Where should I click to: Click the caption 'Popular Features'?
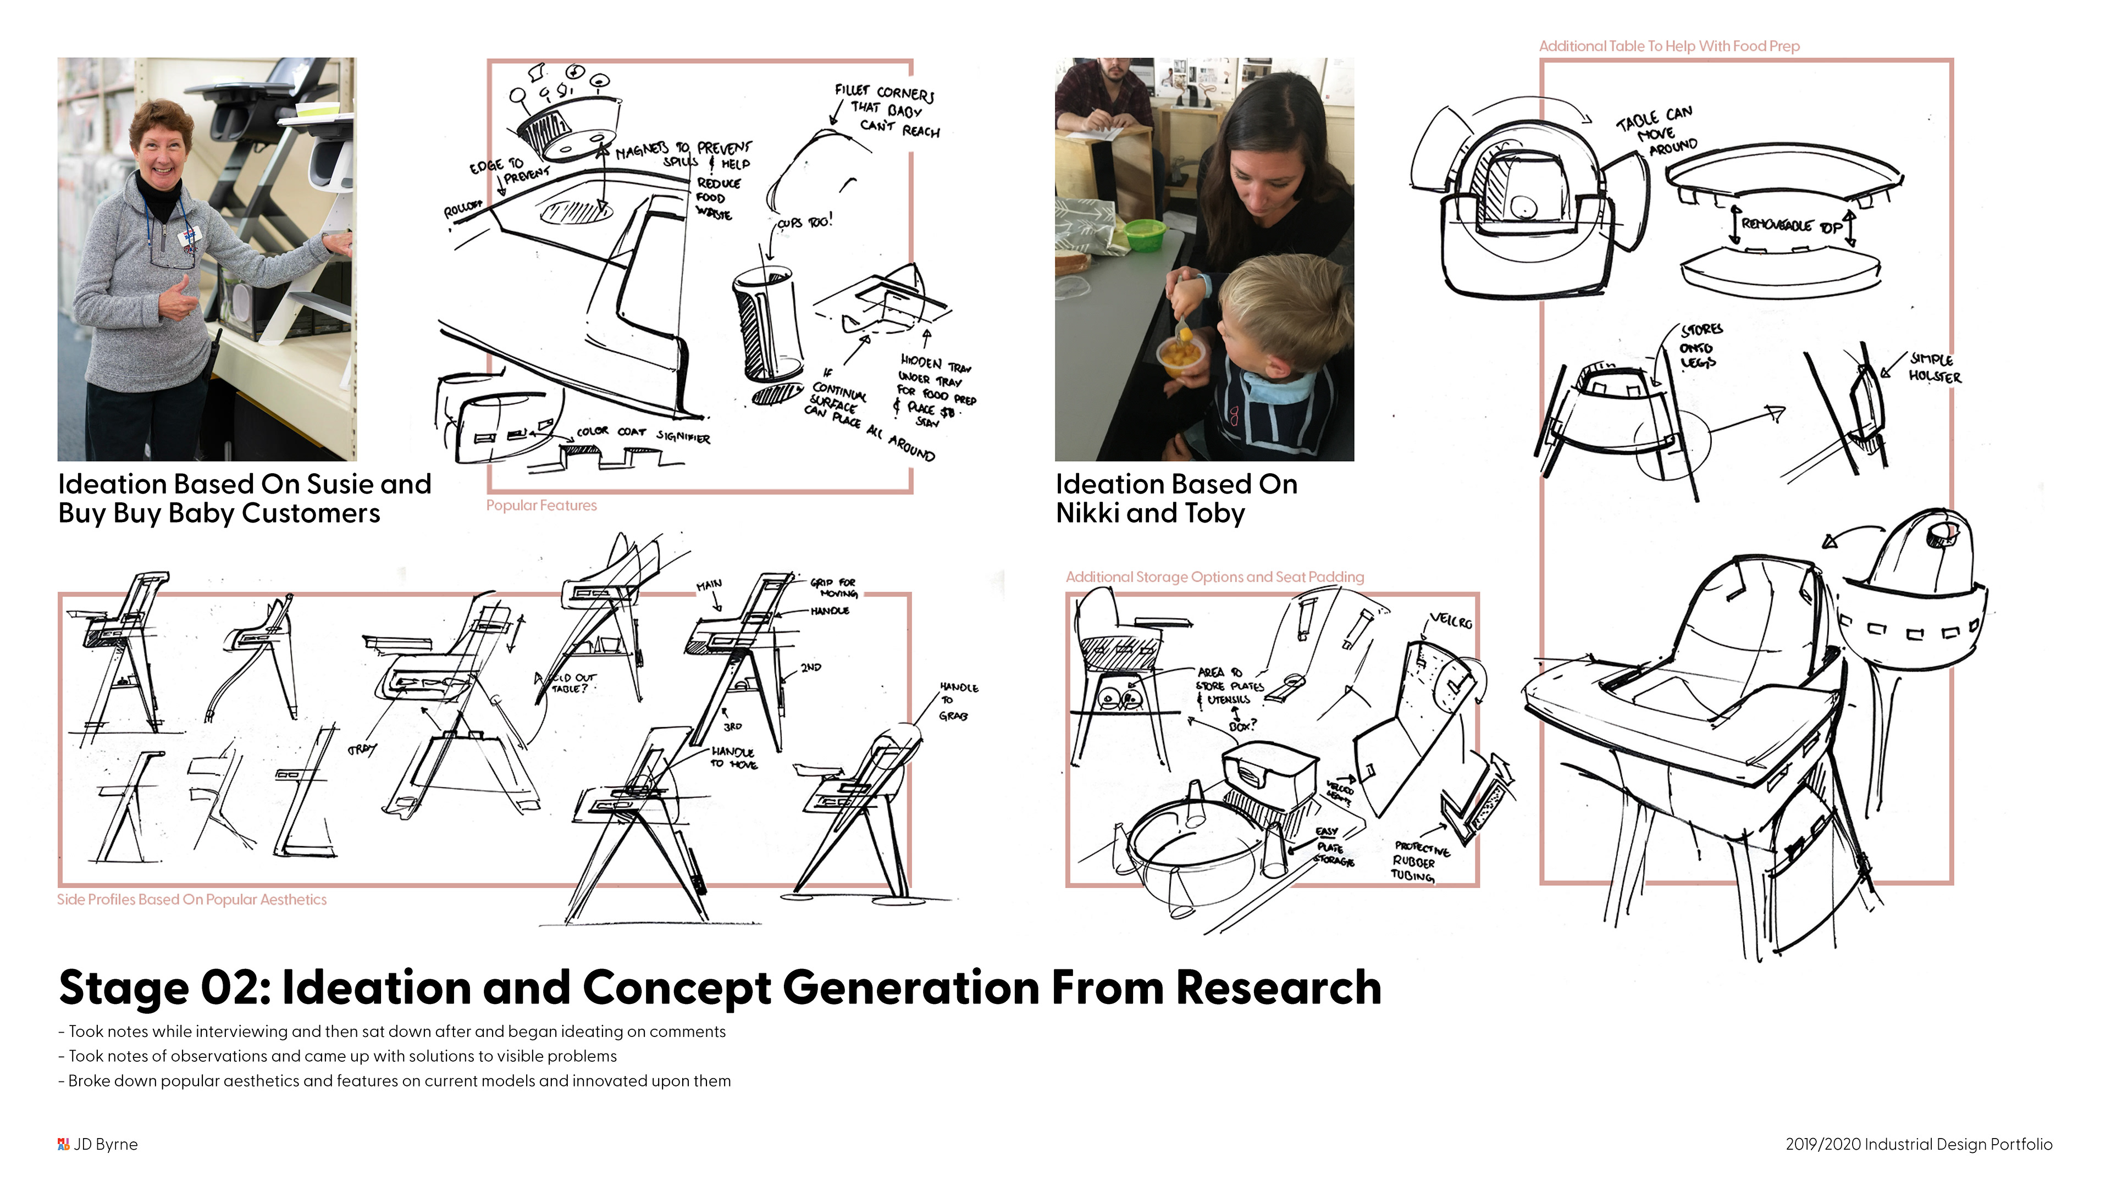pyautogui.click(x=541, y=506)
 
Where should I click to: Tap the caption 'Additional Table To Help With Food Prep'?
pyautogui.click(x=1668, y=46)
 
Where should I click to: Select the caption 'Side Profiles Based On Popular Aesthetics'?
pyautogui.click(x=192, y=900)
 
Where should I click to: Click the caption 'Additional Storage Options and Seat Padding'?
pyautogui.click(x=1214, y=576)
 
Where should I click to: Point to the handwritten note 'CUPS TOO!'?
pyautogui.click(x=805, y=222)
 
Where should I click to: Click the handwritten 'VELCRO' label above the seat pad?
pyautogui.click(x=1451, y=621)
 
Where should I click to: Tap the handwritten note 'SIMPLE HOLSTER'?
pyautogui.click(x=1934, y=368)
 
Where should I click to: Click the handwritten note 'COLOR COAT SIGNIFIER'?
pyautogui.click(x=643, y=434)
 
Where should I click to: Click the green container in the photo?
pyautogui.click(x=1145, y=234)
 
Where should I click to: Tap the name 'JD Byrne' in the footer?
pyautogui.click(x=105, y=1144)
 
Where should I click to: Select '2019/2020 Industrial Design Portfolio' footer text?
pyautogui.click(x=1919, y=1144)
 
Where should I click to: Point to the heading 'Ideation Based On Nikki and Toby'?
pyautogui.click(x=1176, y=498)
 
